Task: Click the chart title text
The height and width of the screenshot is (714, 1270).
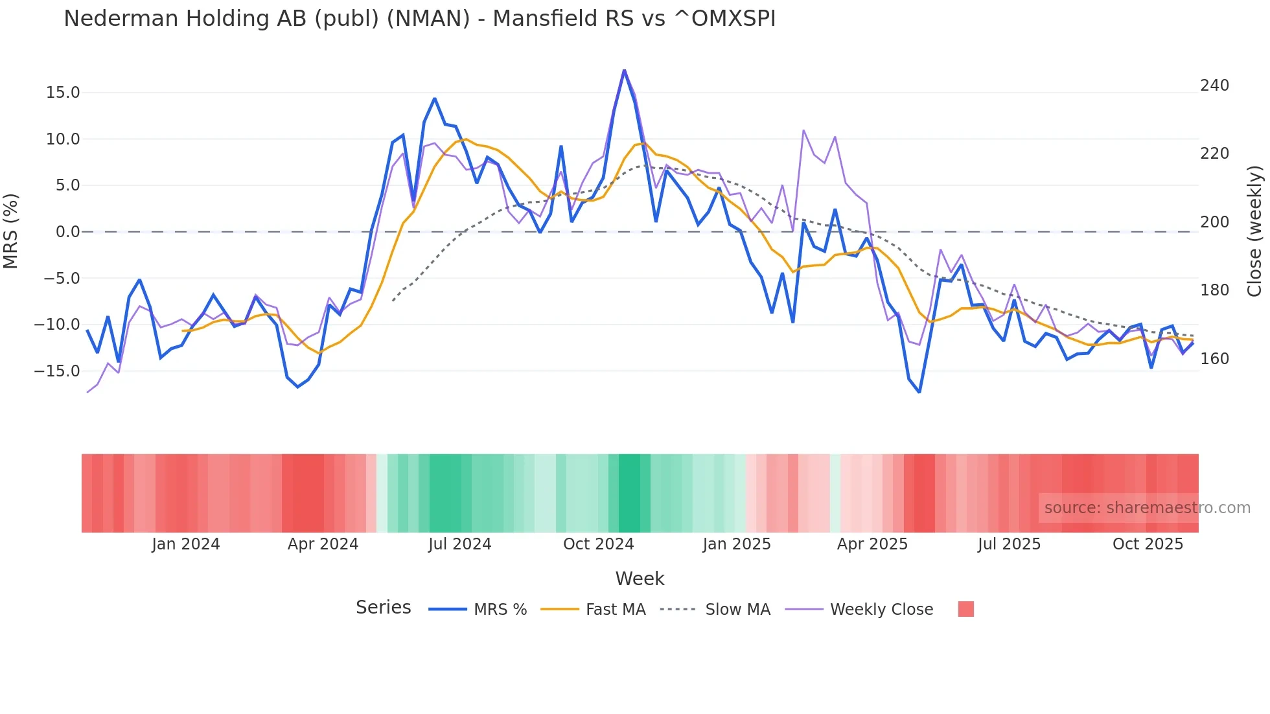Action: (419, 19)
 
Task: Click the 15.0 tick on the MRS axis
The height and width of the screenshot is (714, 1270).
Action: (63, 93)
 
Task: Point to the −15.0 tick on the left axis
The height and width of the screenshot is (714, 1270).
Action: (57, 371)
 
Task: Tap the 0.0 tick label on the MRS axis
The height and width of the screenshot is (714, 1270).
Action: (67, 232)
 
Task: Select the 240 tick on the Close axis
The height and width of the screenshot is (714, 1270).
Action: (1214, 86)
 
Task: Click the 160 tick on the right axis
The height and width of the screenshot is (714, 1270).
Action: (1214, 359)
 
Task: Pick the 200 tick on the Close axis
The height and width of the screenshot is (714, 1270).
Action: (1214, 222)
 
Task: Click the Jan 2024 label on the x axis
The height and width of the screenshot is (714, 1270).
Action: (186, 544)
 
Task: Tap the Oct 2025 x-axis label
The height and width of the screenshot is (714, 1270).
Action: (1148, 544)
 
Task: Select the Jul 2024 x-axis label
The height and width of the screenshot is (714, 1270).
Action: (459, 544)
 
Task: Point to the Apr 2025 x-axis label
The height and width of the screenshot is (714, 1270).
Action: (872, 544)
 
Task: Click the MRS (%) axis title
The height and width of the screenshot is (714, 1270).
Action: (11, 231)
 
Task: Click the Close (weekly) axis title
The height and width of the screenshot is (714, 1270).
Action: (1254, 231)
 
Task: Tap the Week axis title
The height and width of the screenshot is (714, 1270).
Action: (640, 579)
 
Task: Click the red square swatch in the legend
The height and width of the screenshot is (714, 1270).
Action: (965, 609)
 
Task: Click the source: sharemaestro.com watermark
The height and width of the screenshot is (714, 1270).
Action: (1147, 508)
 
